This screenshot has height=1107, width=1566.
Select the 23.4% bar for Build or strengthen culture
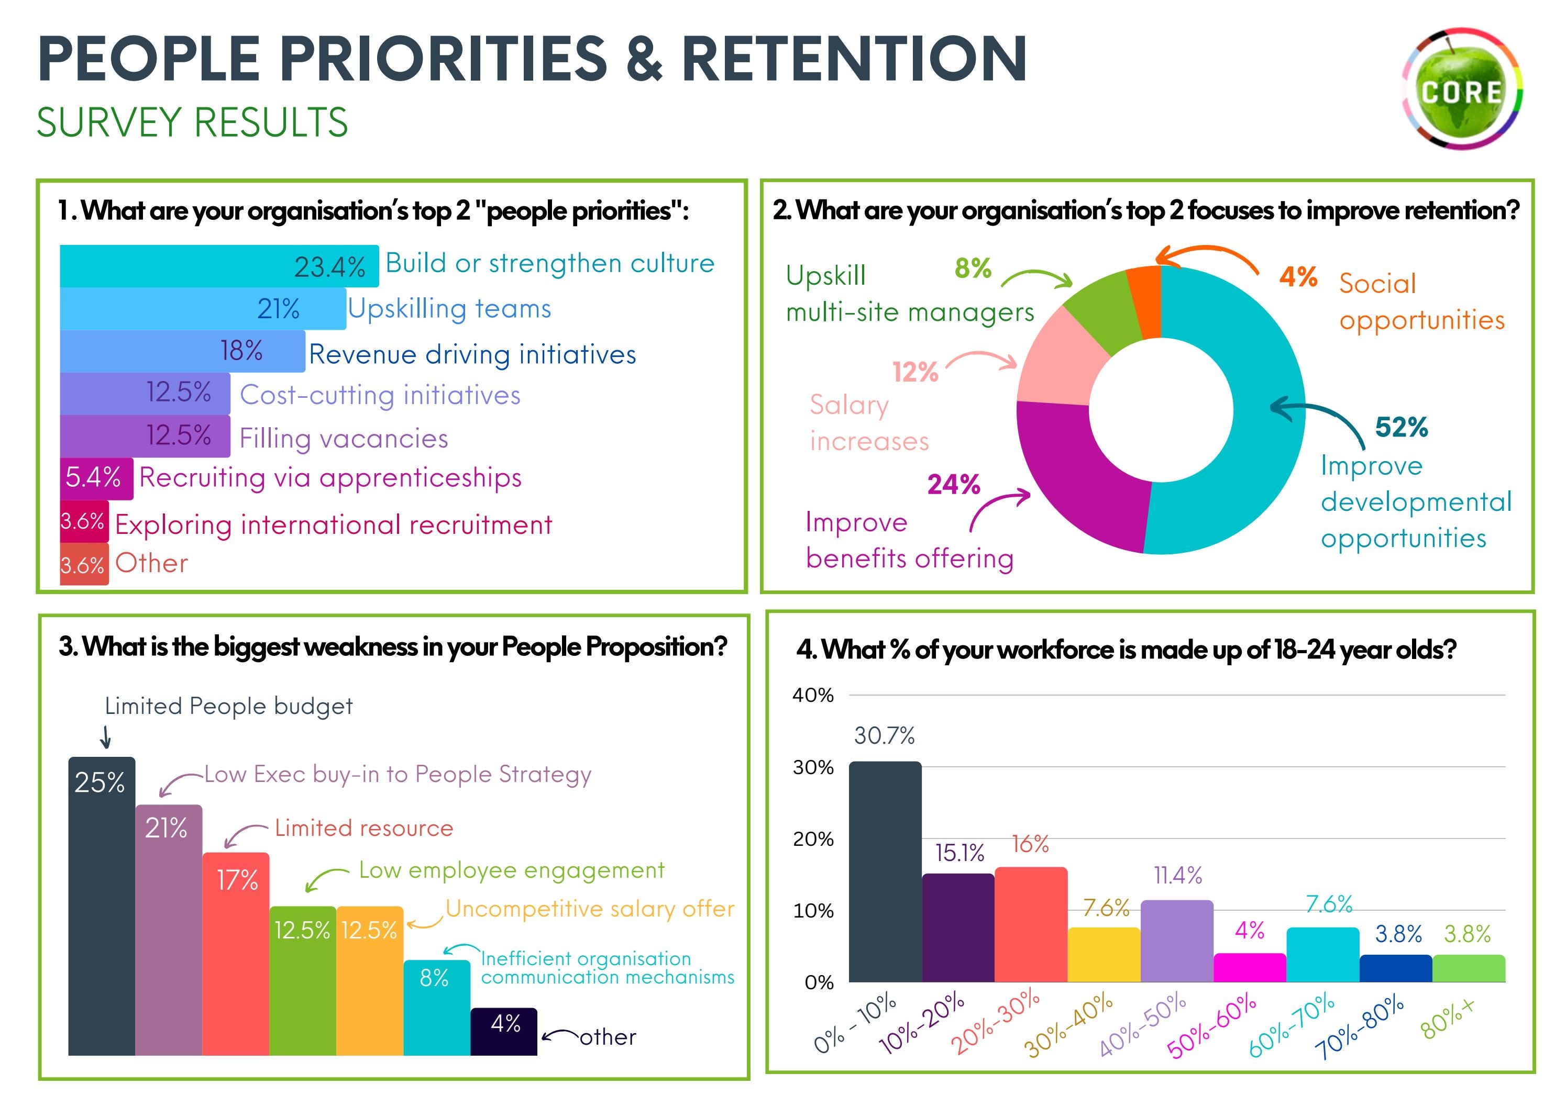click(218, 266)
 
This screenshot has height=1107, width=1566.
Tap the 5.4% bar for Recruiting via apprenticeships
click(95, 478)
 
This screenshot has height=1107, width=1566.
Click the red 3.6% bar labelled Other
click(83, 564)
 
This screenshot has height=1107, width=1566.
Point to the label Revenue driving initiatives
click(472, 354)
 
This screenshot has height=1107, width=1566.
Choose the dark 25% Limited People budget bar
click(101, 907)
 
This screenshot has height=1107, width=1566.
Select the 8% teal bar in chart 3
click(436, 1008)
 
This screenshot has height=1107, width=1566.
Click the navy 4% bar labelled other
click(503, 1031)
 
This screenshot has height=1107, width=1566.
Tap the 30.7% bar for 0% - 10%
click(885, 873)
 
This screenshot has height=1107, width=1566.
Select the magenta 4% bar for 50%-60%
click(1250, 967)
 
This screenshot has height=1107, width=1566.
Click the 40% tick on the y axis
click(813, 695)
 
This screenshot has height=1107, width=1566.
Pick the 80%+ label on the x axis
click(1447, 1019)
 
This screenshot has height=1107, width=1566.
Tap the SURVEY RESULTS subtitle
click(192, 122)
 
